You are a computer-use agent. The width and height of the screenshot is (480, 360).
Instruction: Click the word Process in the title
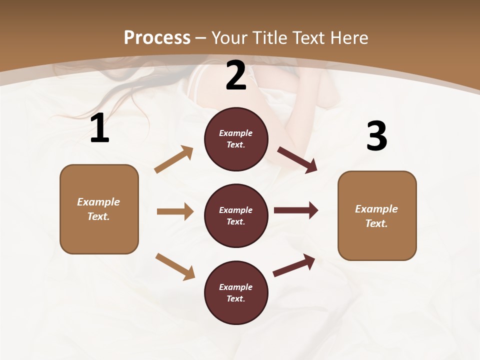click(x=157, y=38)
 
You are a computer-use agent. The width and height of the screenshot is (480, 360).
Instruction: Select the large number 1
click(x=99, y=129)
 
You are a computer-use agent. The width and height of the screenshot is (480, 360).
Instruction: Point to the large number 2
click(x=236, y=76)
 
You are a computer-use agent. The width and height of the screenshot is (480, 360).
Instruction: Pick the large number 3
click(x=376, y=136)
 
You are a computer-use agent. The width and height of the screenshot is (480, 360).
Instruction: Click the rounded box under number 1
click(x=99, y=209)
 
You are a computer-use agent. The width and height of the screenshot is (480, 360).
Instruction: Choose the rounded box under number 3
click(x=377, y=216)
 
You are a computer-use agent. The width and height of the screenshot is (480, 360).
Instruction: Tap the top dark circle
click(x=236, y=139)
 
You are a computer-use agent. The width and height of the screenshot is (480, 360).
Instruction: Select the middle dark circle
click(x=236, y=216)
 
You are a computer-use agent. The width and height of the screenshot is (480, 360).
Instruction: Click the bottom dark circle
click(x=236, y=293)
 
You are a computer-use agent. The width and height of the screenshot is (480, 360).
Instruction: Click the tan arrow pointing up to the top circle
click(x=174, y=159)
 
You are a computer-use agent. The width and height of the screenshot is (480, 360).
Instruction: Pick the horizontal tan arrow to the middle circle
click(x=175, y=211)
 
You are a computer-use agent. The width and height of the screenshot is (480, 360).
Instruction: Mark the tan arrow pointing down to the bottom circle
click(x=175, y=266)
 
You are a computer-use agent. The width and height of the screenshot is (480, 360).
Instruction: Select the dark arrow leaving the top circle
click(x=297, y=160)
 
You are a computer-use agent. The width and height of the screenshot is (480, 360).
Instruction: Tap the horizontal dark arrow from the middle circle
click(x=296, y=210)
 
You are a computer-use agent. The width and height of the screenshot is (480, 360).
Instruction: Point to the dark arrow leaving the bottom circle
click(x=294, y=265)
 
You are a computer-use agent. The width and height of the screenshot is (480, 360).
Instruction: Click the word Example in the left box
click(x=98, y=202)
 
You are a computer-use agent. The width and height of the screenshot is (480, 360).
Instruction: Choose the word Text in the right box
click(x=376, y=223)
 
